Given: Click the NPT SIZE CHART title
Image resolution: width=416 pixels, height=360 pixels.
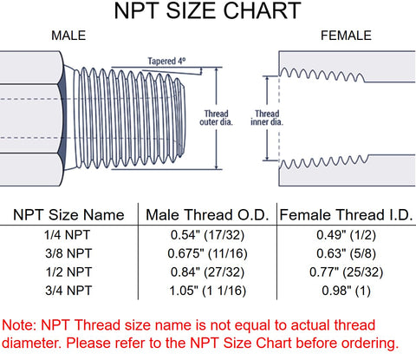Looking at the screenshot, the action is click(x=208, y=10).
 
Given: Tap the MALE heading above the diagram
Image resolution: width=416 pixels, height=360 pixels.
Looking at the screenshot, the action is click(x=68, y=36).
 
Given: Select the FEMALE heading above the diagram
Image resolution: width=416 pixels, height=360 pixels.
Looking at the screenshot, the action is click(x=346, y=36).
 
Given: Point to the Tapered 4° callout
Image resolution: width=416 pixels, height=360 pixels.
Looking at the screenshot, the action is click(x=166, y=61).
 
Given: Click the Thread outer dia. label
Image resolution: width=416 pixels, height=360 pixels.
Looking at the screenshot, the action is click(x=216, y=118).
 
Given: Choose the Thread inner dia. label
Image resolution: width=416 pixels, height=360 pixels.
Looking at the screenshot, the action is click(x=267, y=118).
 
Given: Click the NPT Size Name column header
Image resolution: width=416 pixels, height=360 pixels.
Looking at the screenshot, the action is click(x=68, y=215).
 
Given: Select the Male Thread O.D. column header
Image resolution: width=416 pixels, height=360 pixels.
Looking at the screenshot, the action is click(x=207, y=215).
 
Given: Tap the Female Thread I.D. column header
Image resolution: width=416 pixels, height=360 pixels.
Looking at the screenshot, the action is click(x=346, y=215).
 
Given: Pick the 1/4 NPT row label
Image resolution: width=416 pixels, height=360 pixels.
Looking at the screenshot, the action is click(x=68, y=235).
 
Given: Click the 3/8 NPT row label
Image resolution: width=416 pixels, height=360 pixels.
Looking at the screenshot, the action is click(x=68, y=253).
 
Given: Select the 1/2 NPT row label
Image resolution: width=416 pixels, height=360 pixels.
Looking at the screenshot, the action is click(x=68, y=272).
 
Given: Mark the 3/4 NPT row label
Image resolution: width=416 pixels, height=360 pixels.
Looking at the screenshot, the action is click(x=68, y=291).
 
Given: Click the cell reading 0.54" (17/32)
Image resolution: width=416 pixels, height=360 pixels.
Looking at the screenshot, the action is click(x=207, y=235).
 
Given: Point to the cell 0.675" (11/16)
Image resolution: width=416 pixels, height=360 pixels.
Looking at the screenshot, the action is click(x=207, y=254).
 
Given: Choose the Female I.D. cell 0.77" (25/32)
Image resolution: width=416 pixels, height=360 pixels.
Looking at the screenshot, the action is click(x=346, y=272).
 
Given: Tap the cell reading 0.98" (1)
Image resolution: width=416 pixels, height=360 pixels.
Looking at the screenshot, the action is click(x=346, y=291).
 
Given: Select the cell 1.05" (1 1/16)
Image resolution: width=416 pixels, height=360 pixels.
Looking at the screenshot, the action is click(x=207, y=291).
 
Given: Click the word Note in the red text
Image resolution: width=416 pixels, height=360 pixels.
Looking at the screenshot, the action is click(x=19, y=325).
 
